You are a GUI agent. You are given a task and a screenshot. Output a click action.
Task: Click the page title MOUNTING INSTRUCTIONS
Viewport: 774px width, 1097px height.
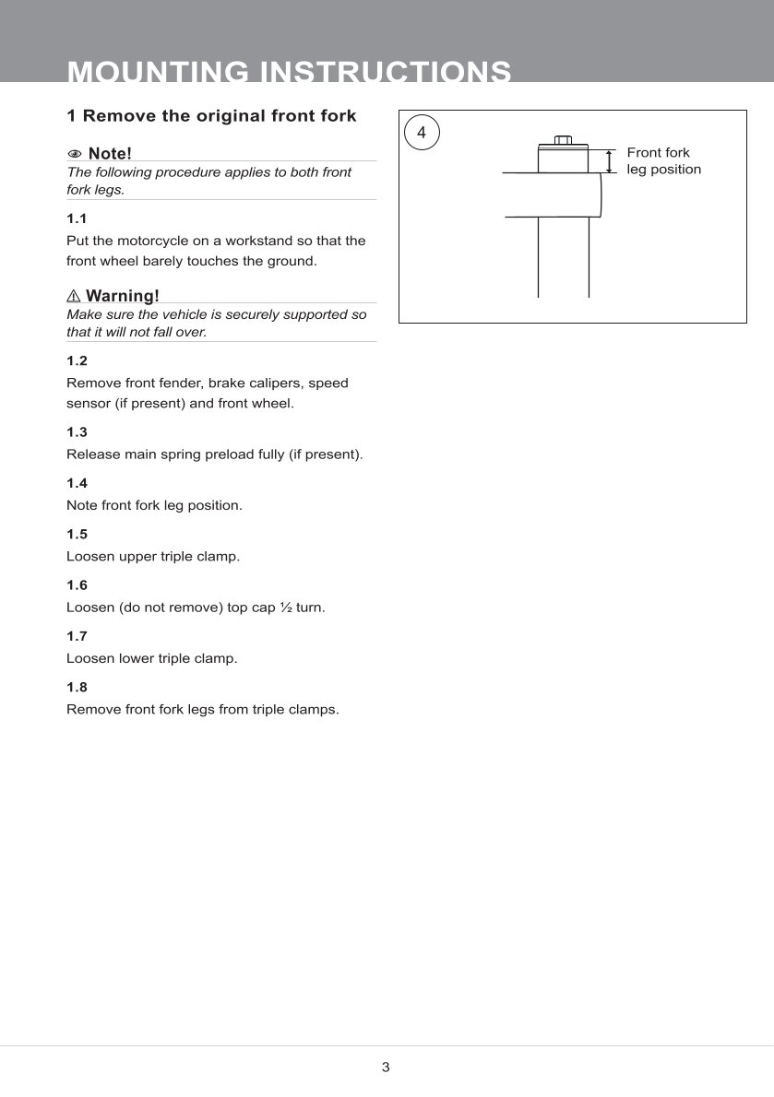pyautogui.click(x=289, y=72)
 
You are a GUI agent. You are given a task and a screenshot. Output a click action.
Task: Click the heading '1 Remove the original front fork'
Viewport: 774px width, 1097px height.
pyautogui.click(x=211, y=116)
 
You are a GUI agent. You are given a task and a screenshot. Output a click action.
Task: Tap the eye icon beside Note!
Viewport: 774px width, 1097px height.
pyautogui.click(x=75, y=153)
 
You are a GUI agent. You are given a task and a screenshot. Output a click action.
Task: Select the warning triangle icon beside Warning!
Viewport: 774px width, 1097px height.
pyautogui.click(x=74, y=296)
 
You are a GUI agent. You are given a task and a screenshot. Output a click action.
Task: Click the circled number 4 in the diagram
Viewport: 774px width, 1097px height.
pyautogui.click(x=422, y=133)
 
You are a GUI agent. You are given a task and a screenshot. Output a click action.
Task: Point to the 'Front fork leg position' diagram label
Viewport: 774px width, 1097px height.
pyautogui.click(x=663, y=161)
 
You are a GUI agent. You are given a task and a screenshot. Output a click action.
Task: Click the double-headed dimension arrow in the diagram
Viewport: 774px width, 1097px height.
pyautogui.click(x=609, y=161)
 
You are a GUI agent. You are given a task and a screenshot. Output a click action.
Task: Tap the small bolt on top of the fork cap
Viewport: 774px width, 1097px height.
pyautogui.click(x=563, y=140)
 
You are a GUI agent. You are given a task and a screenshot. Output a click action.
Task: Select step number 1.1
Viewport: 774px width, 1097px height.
pyautogui.click(x=77, y=218)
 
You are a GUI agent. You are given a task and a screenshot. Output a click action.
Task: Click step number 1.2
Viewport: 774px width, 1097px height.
pyautogui.click(x=77, y=360)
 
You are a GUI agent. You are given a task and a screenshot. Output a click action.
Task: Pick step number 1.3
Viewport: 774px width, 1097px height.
pyautogui.click(x=77, y=431)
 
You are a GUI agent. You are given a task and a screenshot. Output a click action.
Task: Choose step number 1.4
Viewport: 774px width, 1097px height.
pyautogui.click(x=77, y=483)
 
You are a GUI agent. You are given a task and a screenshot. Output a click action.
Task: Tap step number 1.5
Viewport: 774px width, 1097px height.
pyautogui.click(x=77, y=534)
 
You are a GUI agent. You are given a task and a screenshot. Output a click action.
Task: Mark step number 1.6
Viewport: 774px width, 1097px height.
pyautogui.click(x=77, y=585)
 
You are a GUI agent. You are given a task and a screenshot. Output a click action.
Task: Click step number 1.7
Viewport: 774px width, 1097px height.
pyautogui.click(x=77, y=636)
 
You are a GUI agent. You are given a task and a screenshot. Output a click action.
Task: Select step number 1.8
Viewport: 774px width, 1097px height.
pyautogui.click(x=77, y=687)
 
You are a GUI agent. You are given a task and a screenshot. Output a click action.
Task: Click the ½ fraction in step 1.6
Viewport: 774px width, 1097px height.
pyautogui.click(x=284, y=607)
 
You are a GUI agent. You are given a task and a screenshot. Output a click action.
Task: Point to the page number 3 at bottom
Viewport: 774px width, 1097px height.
pyautogui.click(x=386, y=1068)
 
